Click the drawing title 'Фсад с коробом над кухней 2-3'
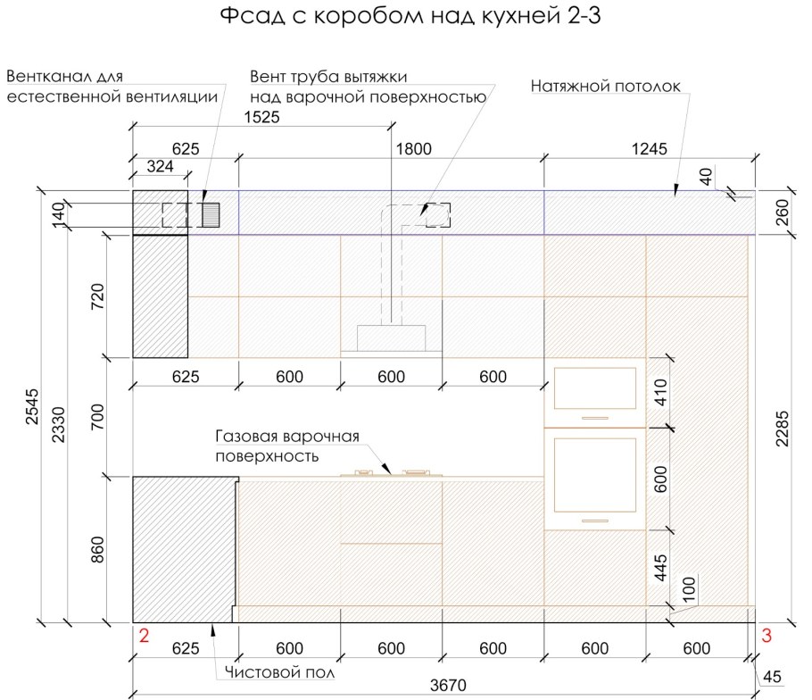[x=410, y=15]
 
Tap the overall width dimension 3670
[x=448, y=685]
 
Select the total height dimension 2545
[x=32, y=407]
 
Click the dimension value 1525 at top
[x=261, y=117]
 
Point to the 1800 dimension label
[x=413, y=149]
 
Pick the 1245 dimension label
[x=649, y=149]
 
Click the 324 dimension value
[x=160, y=166]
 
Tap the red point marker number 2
[x=144, y=635]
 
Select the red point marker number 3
[x=766, y=635]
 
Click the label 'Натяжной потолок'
[x=605, y=86]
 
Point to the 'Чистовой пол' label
[x=279, y=672]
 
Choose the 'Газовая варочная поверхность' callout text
[x=287, y=446]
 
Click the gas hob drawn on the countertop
[x=392, y=472]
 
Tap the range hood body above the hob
[x=392, y=338]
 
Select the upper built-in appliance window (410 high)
[x=595, y=388]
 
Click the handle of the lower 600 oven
[x=595, y=521]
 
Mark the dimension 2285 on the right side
[x=782, y=429]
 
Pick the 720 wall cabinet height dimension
[x=97, y=296]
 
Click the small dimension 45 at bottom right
[x=772, y=676]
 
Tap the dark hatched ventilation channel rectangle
[x=211, y=215]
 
